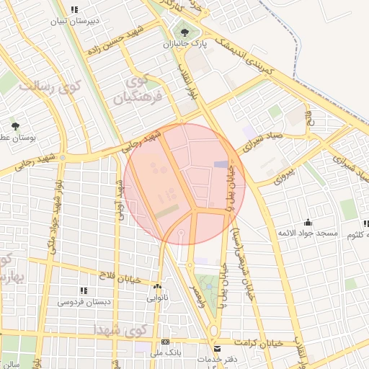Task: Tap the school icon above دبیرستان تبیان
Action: pyautogui.click(x=74, y=9)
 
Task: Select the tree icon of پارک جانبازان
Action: pyautogui.click(x=185, y=32)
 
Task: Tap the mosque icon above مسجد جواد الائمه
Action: pyautogui.click(x=308, y=222)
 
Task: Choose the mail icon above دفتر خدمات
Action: pyautogui.click(x=218, y=349)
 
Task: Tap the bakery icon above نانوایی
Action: pyautogui.click(x=157, y=285)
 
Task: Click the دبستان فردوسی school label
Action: pyautogui.click(x=84, y=302)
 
